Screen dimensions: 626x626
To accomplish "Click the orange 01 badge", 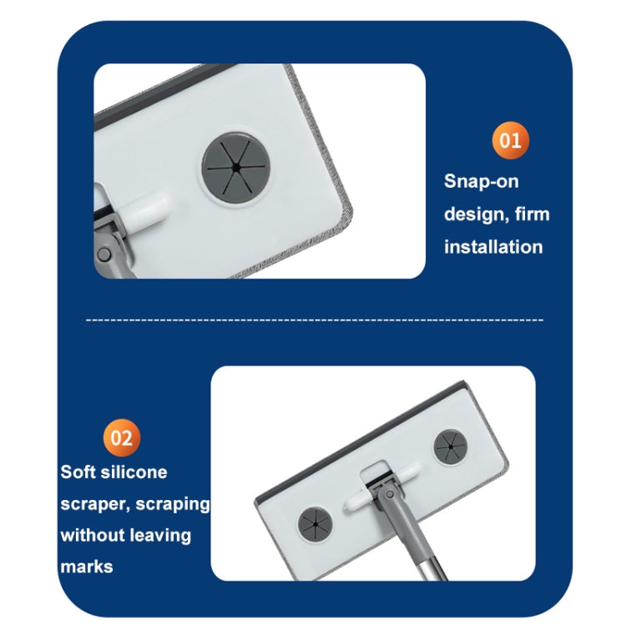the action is [510, 140].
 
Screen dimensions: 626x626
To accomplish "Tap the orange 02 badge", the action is [121, 437].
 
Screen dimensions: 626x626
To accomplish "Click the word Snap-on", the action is [481, 181].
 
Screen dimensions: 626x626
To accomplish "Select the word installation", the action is [493, 247].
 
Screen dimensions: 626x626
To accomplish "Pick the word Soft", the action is [78, 472].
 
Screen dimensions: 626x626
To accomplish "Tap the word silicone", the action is [134, 472].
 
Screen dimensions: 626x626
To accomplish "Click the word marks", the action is [87, 567].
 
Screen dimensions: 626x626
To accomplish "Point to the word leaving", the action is [160, 536].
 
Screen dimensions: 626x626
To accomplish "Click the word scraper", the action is [95, 504].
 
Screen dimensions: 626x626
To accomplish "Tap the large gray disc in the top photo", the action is [236, 168].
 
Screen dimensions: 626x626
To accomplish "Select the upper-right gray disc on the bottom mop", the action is [451, 447].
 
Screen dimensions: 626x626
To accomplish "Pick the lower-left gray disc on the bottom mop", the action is [315, 524].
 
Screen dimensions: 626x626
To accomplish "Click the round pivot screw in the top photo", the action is [103, 255].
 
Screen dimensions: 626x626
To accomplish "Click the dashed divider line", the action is [315, 320].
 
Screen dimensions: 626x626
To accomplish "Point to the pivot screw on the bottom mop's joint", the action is [390, 495].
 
